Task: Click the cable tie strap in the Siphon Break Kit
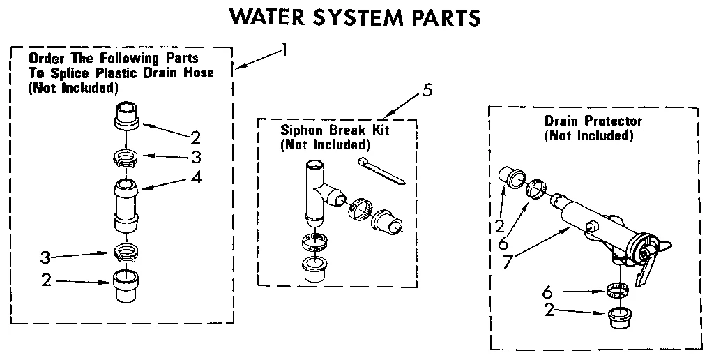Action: point(382,171)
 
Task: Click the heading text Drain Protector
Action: point(593,121)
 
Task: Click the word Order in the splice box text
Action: point(46,58)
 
